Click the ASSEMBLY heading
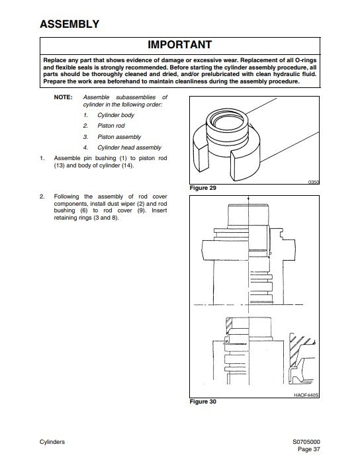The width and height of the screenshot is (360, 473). pos(69,24)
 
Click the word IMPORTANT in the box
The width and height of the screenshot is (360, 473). pos(180,44)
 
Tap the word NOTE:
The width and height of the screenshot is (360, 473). pos(64,97)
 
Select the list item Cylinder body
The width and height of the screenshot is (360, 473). pos(116,115)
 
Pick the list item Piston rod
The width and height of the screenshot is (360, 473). pos(111,126)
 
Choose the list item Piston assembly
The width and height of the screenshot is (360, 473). pos(119,137)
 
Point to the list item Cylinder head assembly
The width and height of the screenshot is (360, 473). pos(129,148)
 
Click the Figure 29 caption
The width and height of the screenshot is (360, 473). pos(202,188)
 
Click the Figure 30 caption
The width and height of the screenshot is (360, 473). pos(202,402)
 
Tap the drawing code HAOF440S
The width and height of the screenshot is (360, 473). pos(306,395)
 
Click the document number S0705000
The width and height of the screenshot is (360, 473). pos(306,442)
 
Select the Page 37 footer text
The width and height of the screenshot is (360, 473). pos(308,449)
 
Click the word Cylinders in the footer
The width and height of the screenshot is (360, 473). pos(52,442)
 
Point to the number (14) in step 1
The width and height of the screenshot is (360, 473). pos(127,165)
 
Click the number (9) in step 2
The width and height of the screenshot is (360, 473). pos(141,210)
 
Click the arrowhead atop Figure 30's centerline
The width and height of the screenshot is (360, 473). pos(248,199)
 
